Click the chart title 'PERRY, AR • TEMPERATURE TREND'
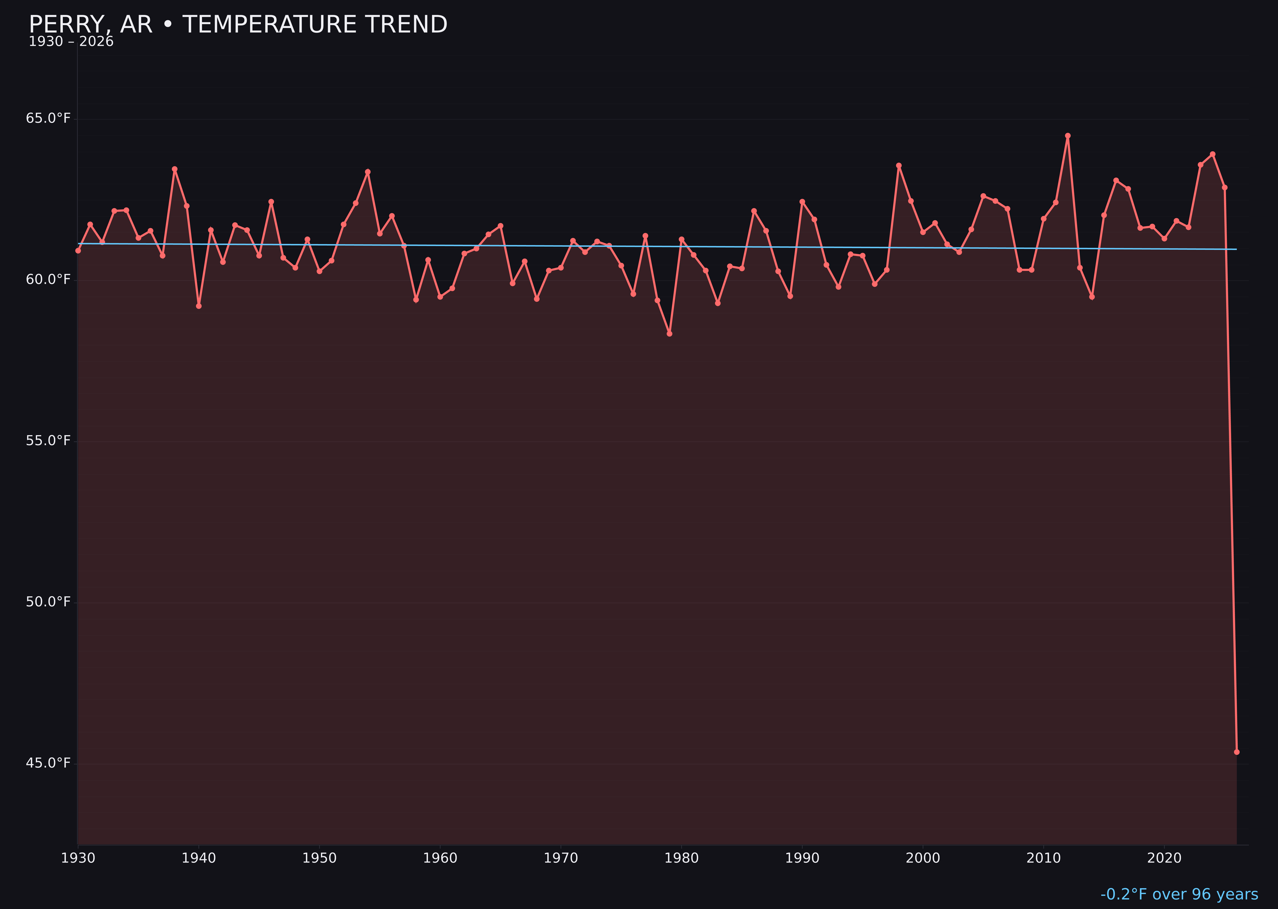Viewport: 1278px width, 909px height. [x=238, y=25]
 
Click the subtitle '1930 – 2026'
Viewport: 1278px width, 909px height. [x=71, y=42]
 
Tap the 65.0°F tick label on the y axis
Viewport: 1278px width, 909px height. [x=48, y=119]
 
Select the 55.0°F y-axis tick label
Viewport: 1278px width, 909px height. [x=48, y=441]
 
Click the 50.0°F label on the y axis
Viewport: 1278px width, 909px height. [x=48, y=602]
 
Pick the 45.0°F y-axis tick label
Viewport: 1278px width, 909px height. [x=48, y=764]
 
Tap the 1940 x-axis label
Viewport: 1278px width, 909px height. [x=199, y=858]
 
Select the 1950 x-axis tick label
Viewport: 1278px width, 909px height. [x=319, y=858]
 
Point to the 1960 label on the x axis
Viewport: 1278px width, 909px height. [x=440, y=858]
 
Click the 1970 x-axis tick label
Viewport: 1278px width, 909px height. [x=561, y=858]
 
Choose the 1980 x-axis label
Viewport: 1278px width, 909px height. [x=681, y=858]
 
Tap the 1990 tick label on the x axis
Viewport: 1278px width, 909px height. [x=802, y=858]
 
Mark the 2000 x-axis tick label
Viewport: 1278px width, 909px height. [x=923, y=858]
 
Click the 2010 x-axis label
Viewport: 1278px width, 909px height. [x=1043, y=858]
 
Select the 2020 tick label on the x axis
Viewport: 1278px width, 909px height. [x=1164, y=858]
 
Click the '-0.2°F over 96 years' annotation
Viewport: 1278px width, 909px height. [x=1179, y=894]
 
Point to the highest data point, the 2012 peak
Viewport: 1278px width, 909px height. [x=1068, y=136]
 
